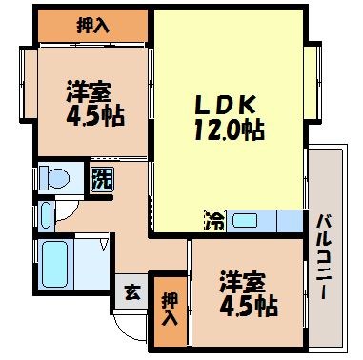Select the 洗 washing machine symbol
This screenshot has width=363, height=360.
(x=100, y=176)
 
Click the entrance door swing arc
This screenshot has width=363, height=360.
(x=129, y=324)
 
